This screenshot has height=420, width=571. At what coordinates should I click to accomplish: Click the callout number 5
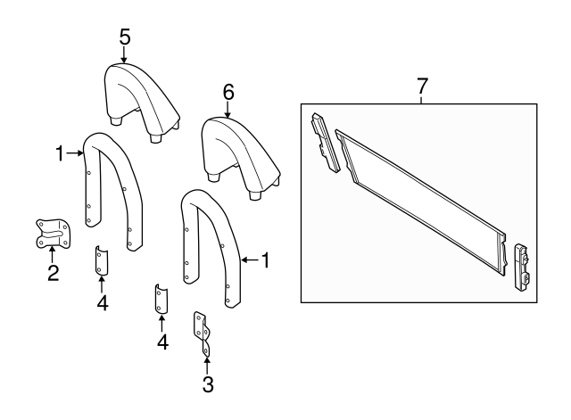(x=125, y=37)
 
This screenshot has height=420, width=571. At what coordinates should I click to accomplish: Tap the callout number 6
(x=228, y=93)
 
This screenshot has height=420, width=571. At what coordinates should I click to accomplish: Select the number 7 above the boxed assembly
(x=421, y=86)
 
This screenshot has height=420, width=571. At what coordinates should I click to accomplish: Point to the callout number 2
(x=54, y=273)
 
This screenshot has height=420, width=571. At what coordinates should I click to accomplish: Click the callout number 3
(x=208, y=384)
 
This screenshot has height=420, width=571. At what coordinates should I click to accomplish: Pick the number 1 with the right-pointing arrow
(x=60, y=153)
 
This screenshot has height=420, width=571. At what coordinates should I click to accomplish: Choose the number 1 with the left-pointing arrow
(x=266, y=260)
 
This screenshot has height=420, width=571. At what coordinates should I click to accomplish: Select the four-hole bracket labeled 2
(x=53, y=234)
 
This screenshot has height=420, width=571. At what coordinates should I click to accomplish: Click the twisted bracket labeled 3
(x=203, y=333)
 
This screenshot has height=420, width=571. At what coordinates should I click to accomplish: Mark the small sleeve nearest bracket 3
(x=161, y=299)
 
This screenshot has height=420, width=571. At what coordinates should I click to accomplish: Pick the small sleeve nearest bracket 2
(x=101, y=260)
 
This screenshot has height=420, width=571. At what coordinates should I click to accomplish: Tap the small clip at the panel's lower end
(x=522, y=268)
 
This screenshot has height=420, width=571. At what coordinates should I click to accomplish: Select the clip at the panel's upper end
(x=325, y=143)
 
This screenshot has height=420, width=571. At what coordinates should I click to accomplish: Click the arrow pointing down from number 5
(x=125, y=54)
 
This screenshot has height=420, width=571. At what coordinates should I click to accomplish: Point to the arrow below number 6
(x=228, y=110)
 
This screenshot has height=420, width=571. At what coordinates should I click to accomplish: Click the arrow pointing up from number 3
(x=207, y=366)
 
